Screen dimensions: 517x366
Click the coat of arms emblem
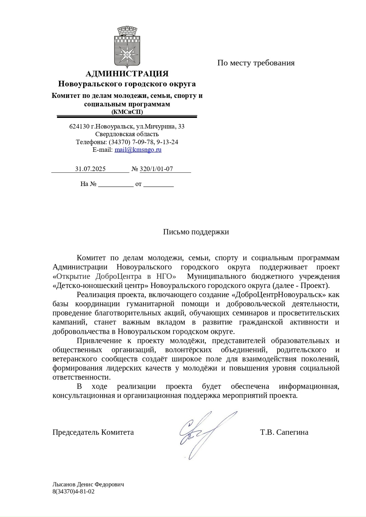pyautogui.click(x=127, y=46)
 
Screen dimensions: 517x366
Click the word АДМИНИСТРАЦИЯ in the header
pyautogui.click(x=127, y=74)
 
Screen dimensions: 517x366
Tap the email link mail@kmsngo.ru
pyautogui.click(x=138, y=150)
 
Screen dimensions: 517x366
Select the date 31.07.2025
pyautogui.click(x=90, y=169)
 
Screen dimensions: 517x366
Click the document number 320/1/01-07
pyautogui.click(x=156, y=169)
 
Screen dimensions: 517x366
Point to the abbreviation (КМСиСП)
pyautogui.click(x=127, y=112)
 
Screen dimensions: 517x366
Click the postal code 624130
pyautogui.click(x=79, y=126)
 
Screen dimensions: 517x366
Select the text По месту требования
pyautogui.click(x=256, y=63)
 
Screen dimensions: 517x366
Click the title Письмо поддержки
pyautogui.click(x=196, y=232)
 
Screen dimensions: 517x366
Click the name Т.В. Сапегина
pyautogui.click(x=284, y=432)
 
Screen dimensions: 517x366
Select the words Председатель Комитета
pyautogui.click(x=93, y=432)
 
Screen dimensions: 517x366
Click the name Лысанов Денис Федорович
pyautogui.click(x=88, y=484)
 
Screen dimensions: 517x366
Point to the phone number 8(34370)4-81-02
pyautogui.click(x=73, y=492)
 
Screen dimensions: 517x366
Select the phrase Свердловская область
pyautogui.click(x=127, y=134)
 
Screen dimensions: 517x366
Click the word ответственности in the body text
pyautogui.click(x=81, y=377)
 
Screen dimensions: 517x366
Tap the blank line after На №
pyautogui.click(x=116, y=184)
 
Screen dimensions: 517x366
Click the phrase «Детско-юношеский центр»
pyautogui.click(x=100, y=286)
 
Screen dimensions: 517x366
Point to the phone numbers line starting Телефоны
pyautogui.click(x=127, y=142)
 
